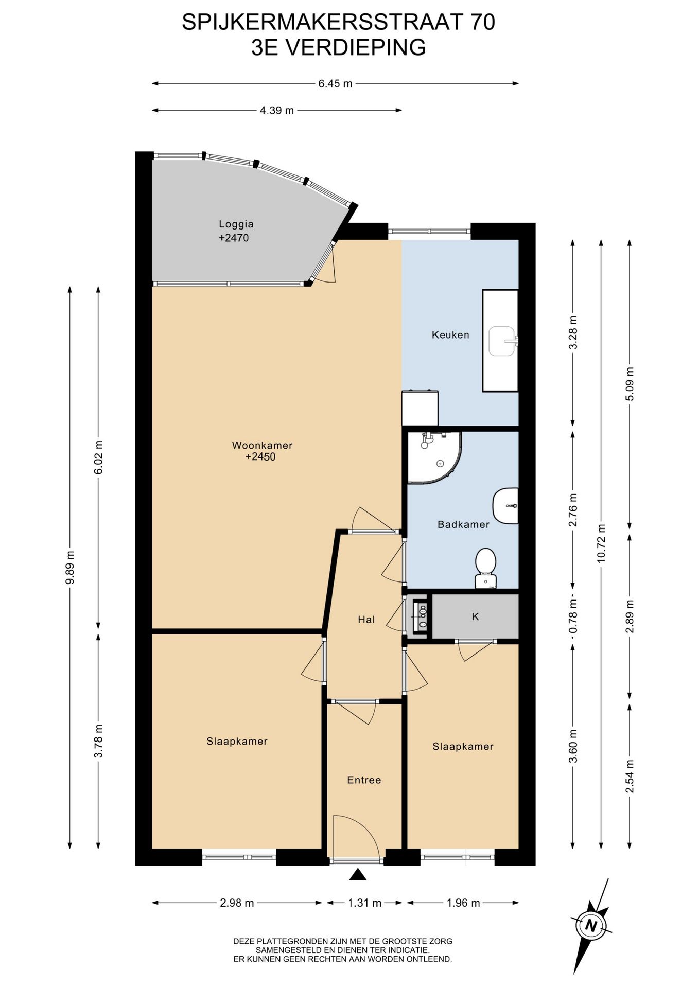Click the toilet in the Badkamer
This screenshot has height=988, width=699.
pyautogui.click(x=485, y=568)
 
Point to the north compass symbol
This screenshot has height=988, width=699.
pyautogui.click(x=591, y=926)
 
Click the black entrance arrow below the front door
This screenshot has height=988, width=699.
pyautogui.click(x=357, y=874)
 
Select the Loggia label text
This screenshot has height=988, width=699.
pyautogui.click(x=236, y=224)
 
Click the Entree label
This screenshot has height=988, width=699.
pyautogui.click(x=364, y=780)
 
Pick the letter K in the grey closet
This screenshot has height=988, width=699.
pyautogui.click(x=476, y=616)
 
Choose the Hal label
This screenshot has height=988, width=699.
pyautogui.click(x=366, y=620)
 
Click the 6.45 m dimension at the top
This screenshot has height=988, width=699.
pyautogui.click(x=335, y=83)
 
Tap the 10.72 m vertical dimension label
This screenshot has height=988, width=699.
pyautogui.click(x=601, y=543)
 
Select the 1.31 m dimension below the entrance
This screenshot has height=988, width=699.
pyautogui.click(x=364, y=903)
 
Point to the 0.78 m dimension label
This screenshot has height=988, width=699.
pyautogui.click(x=573, y=616)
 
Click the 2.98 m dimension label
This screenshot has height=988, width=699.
pyautogui.click(x=237, y=903)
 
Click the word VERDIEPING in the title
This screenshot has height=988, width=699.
pyautogui.click(x=356, y=47)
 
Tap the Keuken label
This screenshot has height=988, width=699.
pyautogui.click(x=450, y=335)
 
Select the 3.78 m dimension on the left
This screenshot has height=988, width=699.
pyautogui.click(x=98, y=741)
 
